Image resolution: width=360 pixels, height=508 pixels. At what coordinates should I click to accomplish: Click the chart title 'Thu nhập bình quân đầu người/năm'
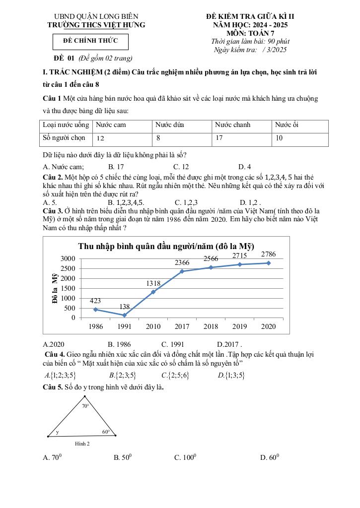[x=166, y=247]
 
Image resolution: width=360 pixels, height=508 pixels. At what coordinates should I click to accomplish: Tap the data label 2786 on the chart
[x=268, y=254]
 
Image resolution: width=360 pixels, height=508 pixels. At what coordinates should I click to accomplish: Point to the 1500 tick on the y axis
[x=68, y=288]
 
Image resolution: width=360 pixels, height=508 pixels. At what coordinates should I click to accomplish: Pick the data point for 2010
[x=153, y=292]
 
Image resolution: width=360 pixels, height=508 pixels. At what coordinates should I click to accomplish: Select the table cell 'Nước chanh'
[x=232, y=125]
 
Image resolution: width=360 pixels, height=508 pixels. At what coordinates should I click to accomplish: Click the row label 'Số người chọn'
[x=64, y=138]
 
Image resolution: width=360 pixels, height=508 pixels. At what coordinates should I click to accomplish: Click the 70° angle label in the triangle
[x=85, y=406]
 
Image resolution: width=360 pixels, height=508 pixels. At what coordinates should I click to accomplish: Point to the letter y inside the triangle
[x=57, y=432]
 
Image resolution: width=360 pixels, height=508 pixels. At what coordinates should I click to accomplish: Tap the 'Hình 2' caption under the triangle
[x=82, y=444]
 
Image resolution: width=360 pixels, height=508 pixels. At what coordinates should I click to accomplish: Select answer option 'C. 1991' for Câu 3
[x=173, y=344]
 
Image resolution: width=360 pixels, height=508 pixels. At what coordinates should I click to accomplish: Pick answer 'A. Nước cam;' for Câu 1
[x=64, y=167]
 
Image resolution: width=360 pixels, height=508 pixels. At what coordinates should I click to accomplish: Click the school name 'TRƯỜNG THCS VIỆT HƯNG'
[x=96, y=25]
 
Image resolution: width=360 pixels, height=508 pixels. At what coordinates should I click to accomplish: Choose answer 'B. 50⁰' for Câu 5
[x=123, y=458]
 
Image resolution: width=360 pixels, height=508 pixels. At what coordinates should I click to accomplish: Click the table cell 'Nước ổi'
[x=287, y=125]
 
